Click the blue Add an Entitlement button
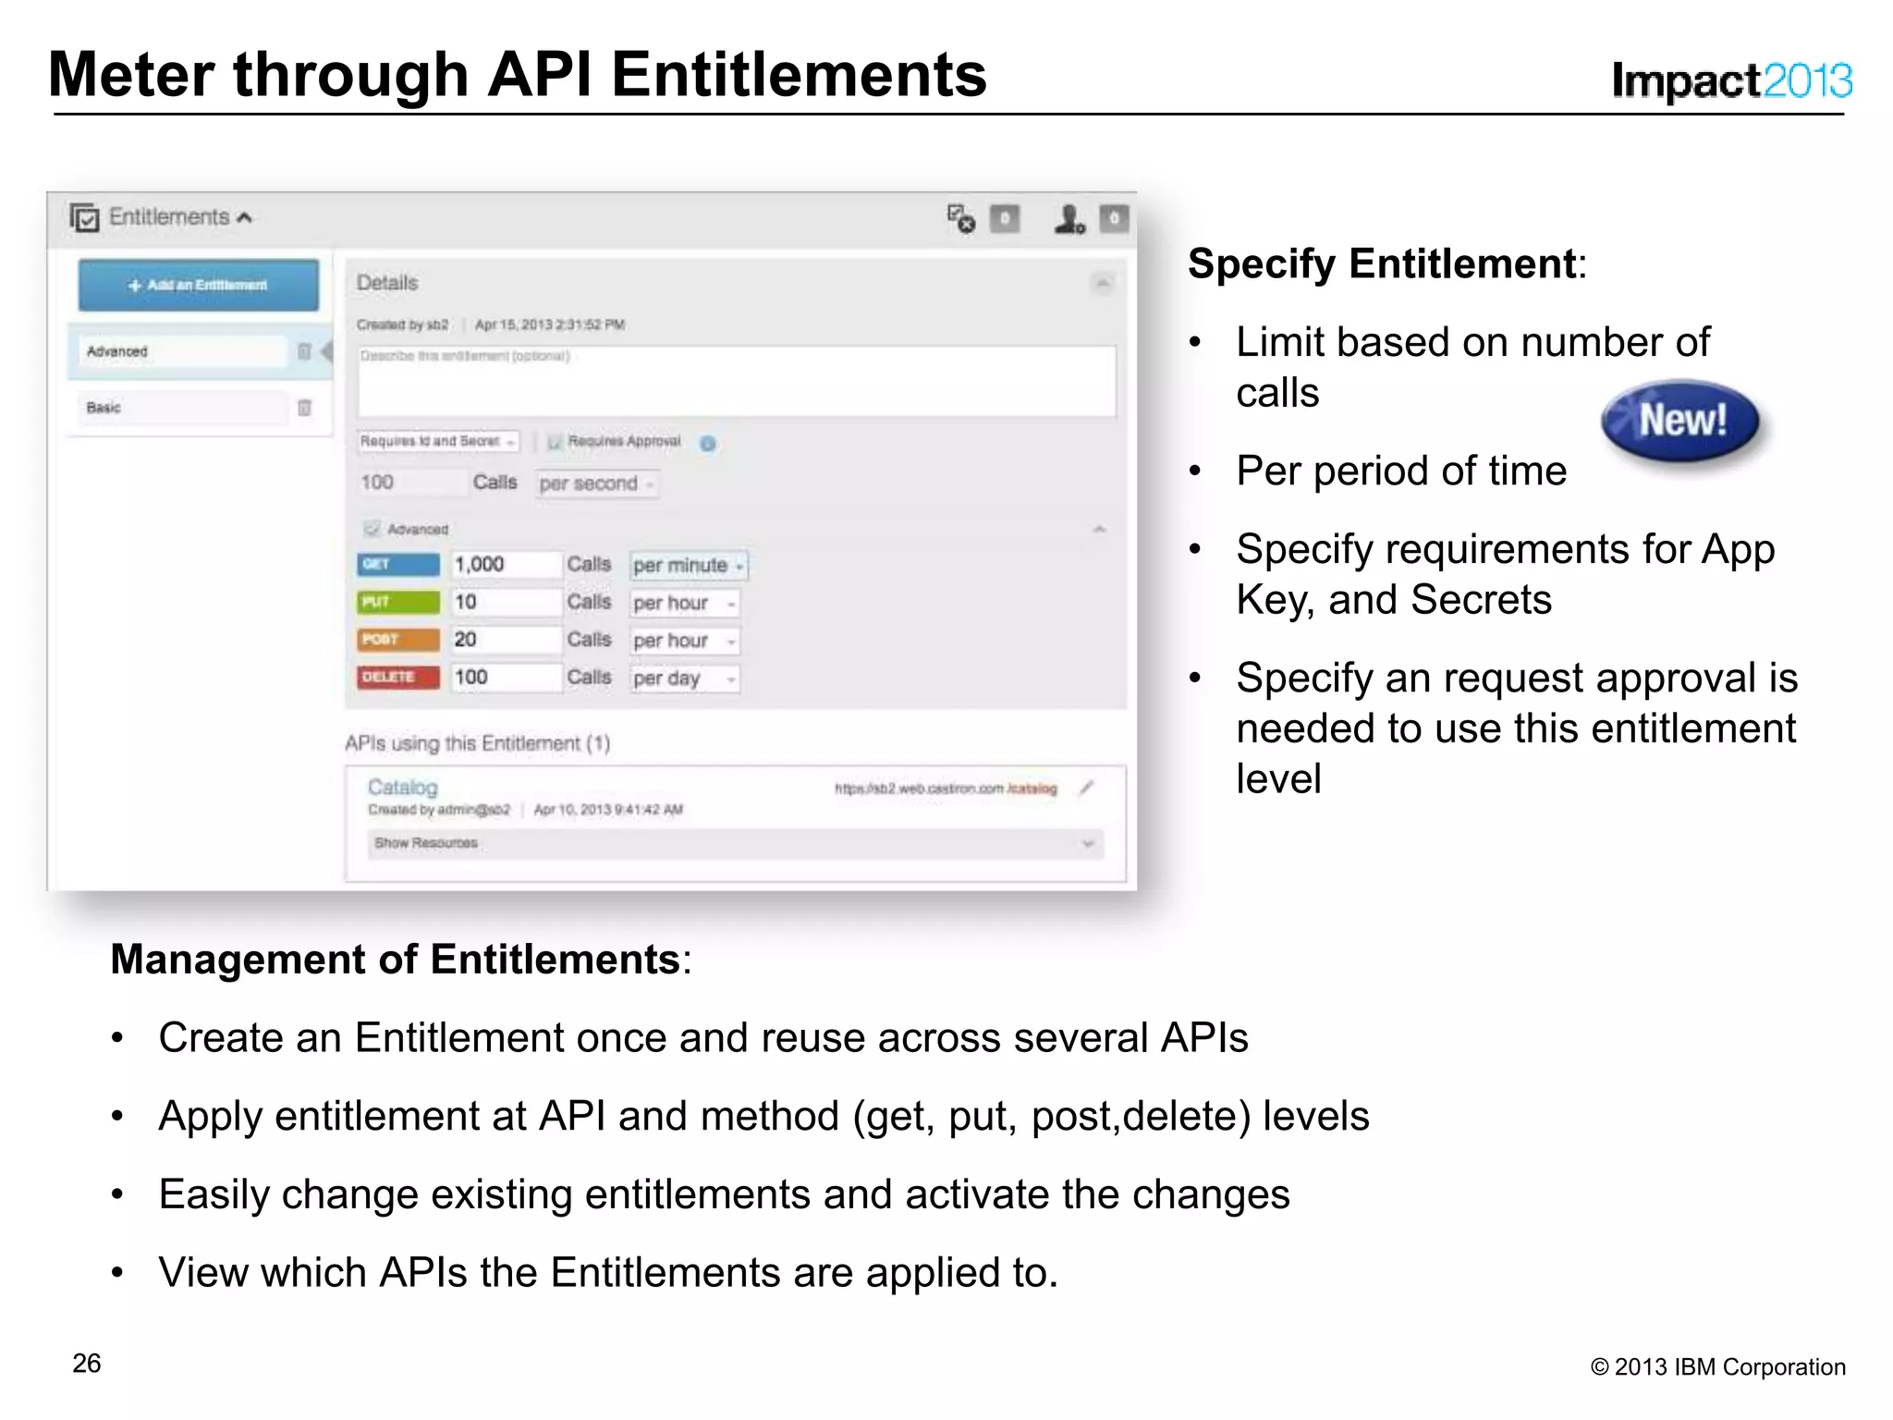(x=198, y=285)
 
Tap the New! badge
(x=1681, y=422)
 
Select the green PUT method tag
(x=398, y=602)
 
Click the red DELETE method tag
(x=398, y=678)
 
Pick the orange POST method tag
(x=398, y=640)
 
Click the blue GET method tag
(x=398, y=564)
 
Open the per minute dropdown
(x=689, y=565)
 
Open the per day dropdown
(x=684, y=679)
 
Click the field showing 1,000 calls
(x=505, y=564)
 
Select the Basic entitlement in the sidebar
(x=181, y=408)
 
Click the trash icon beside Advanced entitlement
(x=304, y=351)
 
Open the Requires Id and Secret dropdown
(x=437, y=442)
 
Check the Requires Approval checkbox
(x=555, y=442)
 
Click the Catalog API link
(x=402, y=787)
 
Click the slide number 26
(x=87, y=1364)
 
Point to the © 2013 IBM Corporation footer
(x=1717, y=1366)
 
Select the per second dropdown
(x=597, y=484)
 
